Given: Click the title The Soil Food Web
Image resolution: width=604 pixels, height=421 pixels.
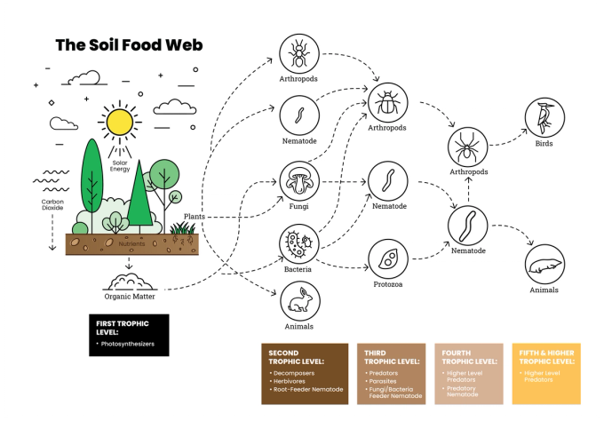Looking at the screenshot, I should pyautogui.click(x=128, y=44).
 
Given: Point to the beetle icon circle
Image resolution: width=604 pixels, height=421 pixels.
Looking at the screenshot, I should pyautogui.click(x=387, y=103).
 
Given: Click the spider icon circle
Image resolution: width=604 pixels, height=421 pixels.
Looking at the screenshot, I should pyautogui.click(x=467, y=145).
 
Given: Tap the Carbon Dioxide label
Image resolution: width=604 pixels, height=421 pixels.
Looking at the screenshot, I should pyautogui.click(x=52, y=205).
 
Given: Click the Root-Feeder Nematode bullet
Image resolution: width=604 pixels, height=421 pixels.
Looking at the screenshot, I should pyautogui.click(x=307, y=389).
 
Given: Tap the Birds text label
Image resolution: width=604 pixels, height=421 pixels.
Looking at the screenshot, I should pyautogui.click(x=543, y=143).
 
